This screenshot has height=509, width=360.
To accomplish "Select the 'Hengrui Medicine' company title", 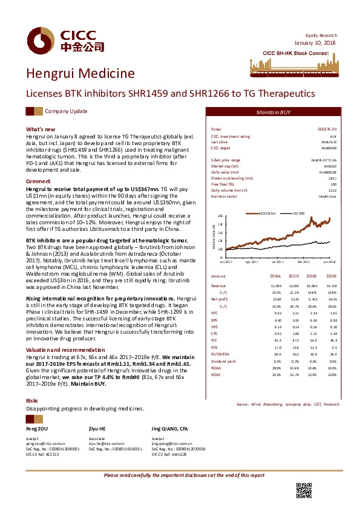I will [x=80, y=74].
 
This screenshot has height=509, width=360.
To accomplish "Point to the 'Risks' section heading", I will [x=32, y=401].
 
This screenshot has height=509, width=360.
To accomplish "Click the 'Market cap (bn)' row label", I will [x=223, y=166].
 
